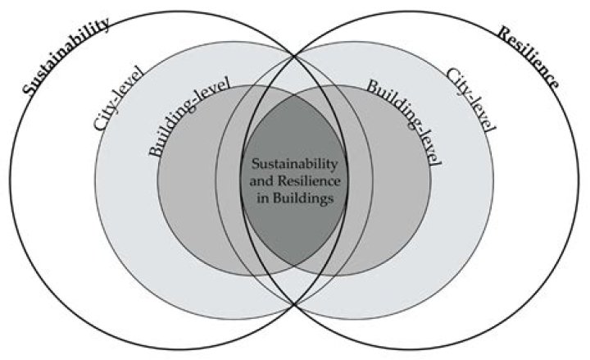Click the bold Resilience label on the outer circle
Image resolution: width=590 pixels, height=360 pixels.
pyautogui.click(x=529, y=57)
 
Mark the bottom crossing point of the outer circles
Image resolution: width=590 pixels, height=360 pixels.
pyautogui.click(x=294, y=305)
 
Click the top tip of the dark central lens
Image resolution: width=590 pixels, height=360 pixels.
pyautogui.click(x=294, y=84)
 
